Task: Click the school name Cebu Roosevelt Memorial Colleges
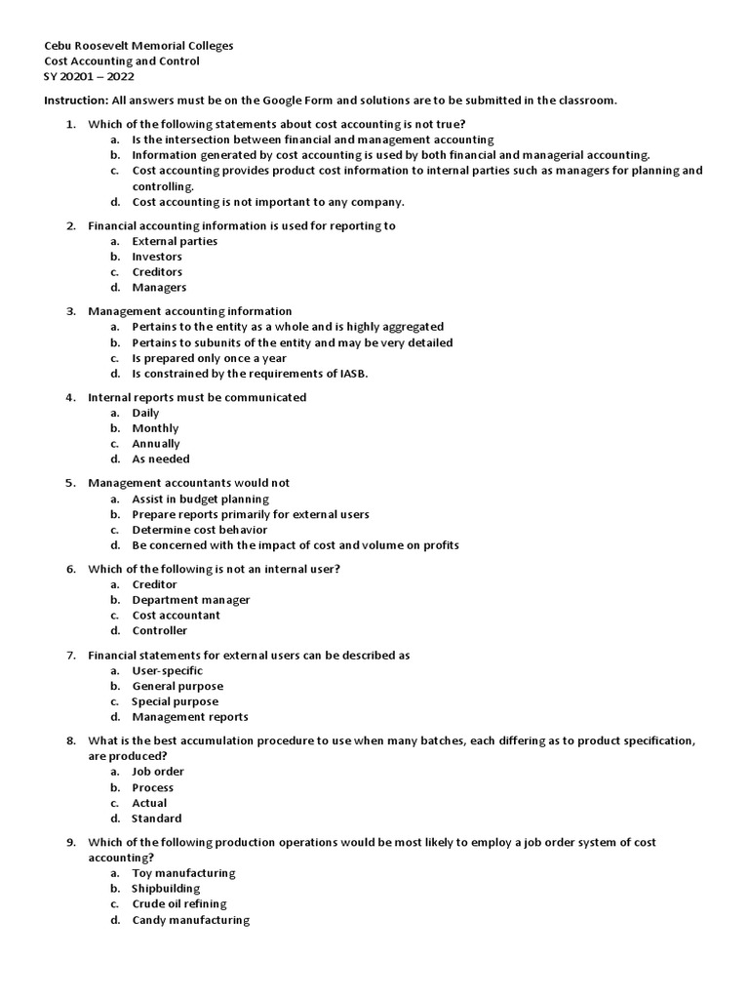[x=139, y=46]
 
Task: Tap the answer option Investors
[x=157, y=257]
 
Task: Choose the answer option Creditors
[x=157, y=272]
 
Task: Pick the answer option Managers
[x=159, y=288]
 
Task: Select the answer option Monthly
[x=155, y=428]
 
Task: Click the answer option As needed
[x=161, y=459]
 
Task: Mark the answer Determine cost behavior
[x=199, y=530]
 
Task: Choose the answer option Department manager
[x=191, y=600]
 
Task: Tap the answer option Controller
[x=160, y=630]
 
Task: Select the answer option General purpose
[x=177, y=686]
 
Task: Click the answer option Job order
[x=158, y=772]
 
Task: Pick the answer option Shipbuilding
[x=166, y=889]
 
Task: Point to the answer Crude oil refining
[x=178, y=904]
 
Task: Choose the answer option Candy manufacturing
[x=190, y=920]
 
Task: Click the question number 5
[x=70, y=483]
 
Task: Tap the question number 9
[x=70, y=842]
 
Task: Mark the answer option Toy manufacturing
[x=183, y=873]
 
